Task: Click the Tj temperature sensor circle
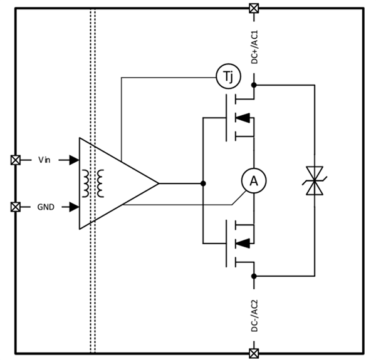[228, 77]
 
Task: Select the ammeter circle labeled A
[254, 181]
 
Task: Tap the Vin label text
[44, 160]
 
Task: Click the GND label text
[46, 207]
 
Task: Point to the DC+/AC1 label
[254, 48]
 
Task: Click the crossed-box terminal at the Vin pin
[16, 160]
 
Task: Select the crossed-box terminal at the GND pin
[16, 207]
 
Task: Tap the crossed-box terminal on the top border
[254, 8]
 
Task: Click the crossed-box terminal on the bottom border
[254, 353]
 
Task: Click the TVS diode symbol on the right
[314, 181]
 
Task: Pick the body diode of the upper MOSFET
[243, 118]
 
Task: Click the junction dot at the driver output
[202, 183]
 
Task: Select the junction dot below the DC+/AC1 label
[254, 85]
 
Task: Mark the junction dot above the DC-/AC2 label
[254, 275]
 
